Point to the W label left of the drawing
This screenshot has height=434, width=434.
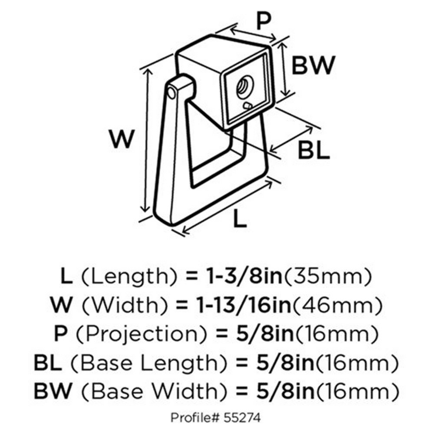121,140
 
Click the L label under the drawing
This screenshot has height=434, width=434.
240,219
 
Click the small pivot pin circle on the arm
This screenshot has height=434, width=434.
172,93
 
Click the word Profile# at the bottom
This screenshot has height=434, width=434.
192,418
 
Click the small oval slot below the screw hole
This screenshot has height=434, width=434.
248,105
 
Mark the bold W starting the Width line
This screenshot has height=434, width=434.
63,306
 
